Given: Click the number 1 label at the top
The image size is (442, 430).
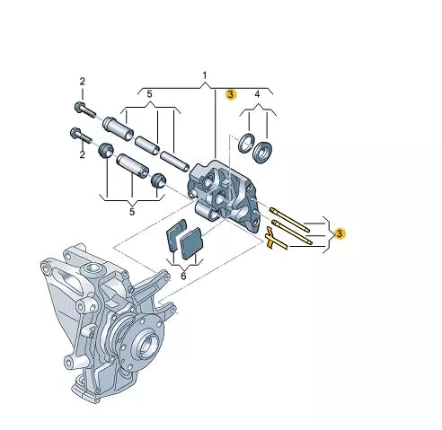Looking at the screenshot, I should point(204,74).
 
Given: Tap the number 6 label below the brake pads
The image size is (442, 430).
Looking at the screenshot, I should point(183,277).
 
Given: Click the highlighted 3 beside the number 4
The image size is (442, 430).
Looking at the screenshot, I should point(231,93).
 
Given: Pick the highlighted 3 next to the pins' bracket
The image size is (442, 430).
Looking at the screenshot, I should point(340,233).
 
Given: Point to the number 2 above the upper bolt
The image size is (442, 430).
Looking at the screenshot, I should point(82,82).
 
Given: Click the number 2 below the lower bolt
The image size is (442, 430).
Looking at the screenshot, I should point(82,154).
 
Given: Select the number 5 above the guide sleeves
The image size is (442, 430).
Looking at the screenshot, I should point(150,93).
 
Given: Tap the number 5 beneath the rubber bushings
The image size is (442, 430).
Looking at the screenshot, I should point(132,212).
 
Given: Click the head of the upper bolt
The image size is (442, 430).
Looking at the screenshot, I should point(79,107).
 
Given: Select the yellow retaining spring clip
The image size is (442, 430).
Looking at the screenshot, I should point(272,240).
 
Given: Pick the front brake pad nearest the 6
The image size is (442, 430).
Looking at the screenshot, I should point(192,243).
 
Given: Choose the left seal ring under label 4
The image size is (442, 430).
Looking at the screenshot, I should point(245,142).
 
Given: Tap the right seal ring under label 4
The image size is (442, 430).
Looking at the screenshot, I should point(263,153).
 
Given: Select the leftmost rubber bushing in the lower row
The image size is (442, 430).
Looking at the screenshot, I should point(104,148).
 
